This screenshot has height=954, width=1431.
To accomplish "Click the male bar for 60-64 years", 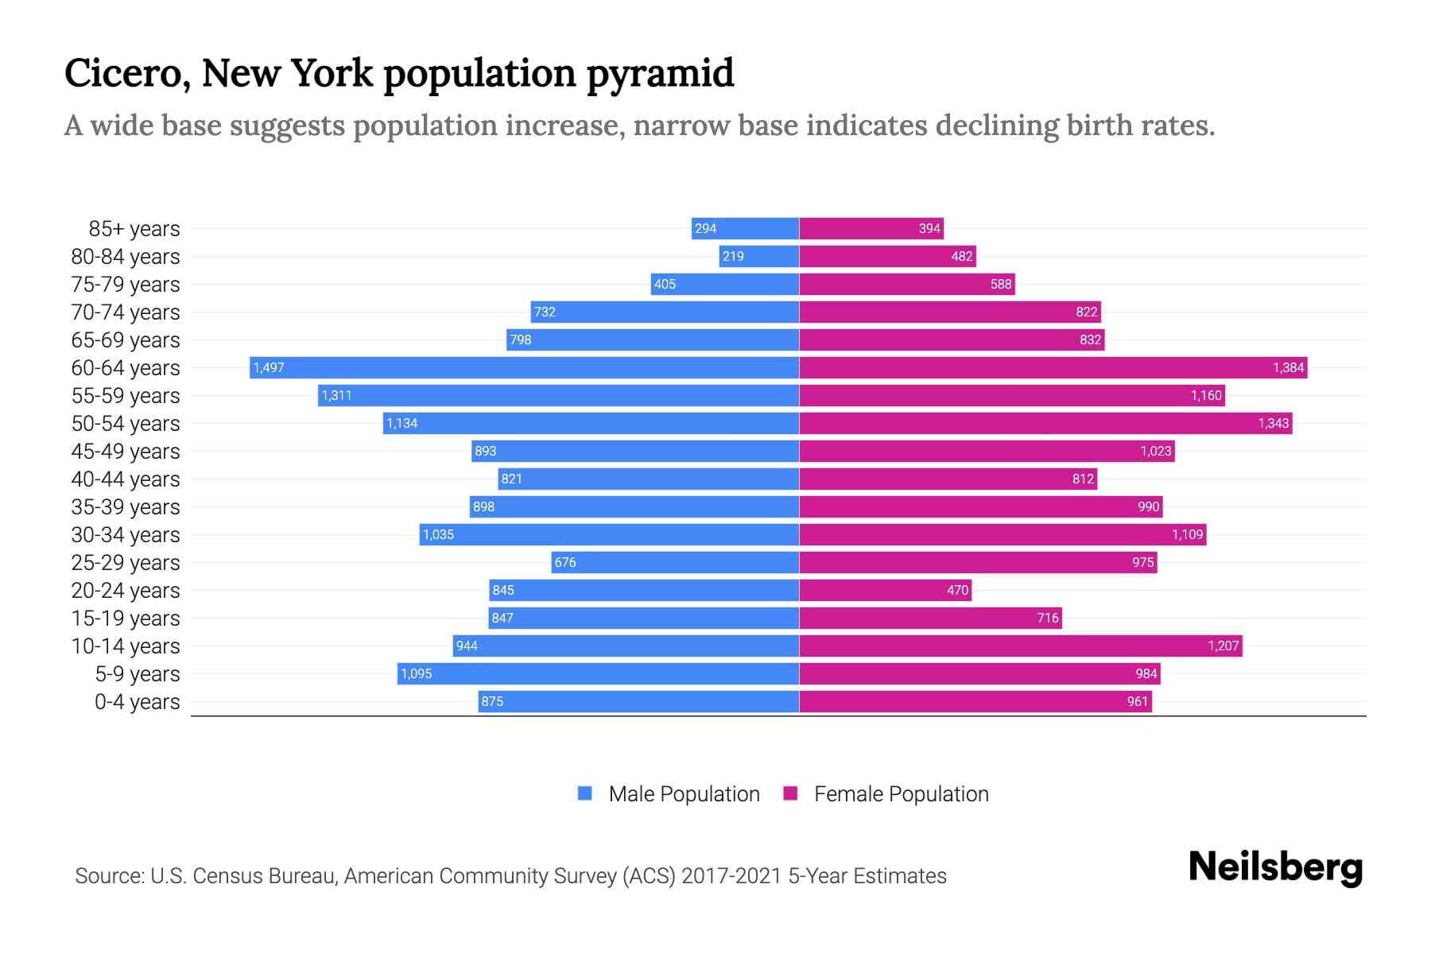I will [525, 367].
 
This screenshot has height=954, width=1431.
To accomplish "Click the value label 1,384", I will [1288, 367].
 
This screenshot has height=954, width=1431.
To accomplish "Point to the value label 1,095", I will [417, 673].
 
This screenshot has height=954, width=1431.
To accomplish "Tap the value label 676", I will [565, 562].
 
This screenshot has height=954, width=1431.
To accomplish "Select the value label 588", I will [1001, 284].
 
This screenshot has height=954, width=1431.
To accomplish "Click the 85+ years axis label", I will [134, 229].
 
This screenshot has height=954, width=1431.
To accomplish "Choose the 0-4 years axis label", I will [138, 702].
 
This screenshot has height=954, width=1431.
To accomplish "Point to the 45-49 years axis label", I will [126, 452].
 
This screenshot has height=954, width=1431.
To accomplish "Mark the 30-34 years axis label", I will [126, 535].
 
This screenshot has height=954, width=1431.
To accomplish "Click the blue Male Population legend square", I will [585, 793].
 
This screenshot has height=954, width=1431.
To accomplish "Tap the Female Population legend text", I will [901, 793].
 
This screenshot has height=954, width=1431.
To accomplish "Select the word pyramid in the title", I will [660, 74].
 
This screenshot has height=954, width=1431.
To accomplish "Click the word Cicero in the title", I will [126, 74].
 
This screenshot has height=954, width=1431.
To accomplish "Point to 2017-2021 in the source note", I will [731, 876].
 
